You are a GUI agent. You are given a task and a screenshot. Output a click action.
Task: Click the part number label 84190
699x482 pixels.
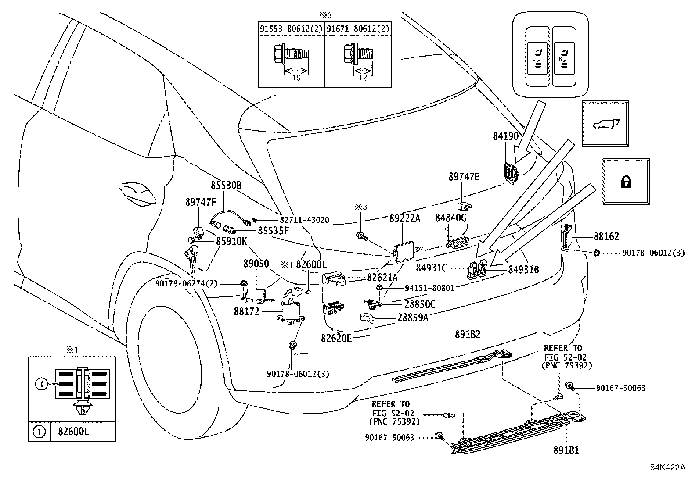click(505, 136)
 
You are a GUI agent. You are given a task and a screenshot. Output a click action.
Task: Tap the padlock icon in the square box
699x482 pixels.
click(626, 182)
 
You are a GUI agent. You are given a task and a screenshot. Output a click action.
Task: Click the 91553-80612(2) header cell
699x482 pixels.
click(291, 29)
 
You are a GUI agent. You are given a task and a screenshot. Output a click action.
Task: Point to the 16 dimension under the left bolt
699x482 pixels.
click(296, 78)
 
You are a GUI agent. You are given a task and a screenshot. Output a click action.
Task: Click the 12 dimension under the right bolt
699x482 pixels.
click(363, 78)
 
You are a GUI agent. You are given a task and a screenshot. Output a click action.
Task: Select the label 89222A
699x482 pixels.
click(404, 218)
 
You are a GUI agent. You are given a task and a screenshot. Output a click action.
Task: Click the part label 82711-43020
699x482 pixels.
click(304, 220)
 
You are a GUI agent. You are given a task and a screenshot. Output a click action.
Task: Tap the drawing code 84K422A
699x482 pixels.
click(667, 467)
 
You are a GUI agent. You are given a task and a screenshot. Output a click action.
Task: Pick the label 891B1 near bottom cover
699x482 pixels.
click(566, 450)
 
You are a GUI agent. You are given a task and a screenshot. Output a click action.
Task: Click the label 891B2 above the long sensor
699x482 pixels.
click(468, 335)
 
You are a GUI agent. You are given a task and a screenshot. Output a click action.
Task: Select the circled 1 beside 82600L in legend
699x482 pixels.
click(39, 432)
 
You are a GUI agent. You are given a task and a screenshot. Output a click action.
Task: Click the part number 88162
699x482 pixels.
click(606, 237)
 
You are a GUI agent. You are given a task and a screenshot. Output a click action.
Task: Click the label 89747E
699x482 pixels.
click(464, 177)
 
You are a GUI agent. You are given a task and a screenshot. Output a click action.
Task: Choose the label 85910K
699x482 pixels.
click(231, 241)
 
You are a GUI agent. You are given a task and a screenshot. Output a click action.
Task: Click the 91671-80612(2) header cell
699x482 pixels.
click(358, 29)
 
